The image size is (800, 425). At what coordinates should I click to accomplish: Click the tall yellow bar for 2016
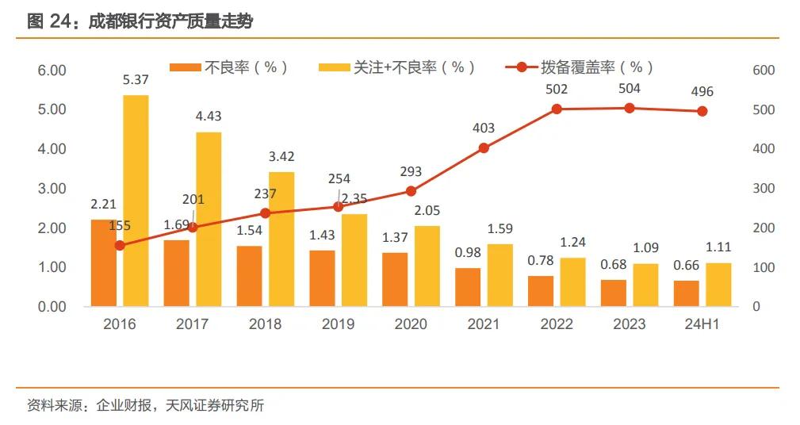pos(136,201)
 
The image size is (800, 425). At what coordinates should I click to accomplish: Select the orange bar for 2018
pos(249,276)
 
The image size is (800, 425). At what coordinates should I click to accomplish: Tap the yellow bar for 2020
pos(427,266)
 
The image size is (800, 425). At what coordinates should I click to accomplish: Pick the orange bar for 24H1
pos(687,293)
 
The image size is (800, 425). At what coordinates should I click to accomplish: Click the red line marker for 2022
pos(557,109)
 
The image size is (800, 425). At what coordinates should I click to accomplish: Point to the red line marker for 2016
pos(120,245)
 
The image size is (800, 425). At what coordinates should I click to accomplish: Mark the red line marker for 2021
pos(484,147)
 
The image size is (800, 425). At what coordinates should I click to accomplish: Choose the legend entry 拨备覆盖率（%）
pos(580,67)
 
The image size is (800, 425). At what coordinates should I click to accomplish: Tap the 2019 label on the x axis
pos(338,324)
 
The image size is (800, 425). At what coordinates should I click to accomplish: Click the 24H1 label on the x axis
pos(702,324)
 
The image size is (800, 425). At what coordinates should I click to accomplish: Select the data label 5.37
pos(136,80)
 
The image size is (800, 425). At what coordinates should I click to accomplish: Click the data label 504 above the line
pos(630,89)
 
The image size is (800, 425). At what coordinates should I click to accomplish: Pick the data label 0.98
pos(468,253)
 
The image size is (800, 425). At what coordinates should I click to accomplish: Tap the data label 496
pos(702,92)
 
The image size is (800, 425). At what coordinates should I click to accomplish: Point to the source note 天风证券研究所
pos(215,406)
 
